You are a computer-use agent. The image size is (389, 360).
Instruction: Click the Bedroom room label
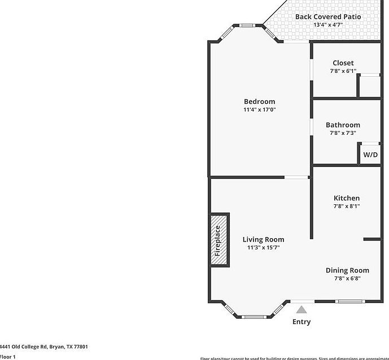(259, 102)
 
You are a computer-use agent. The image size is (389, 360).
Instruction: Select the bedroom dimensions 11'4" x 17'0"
(259, 109)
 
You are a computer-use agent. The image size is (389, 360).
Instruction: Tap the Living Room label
(263, 239)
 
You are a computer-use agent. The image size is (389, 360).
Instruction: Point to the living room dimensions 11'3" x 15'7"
(263, 247)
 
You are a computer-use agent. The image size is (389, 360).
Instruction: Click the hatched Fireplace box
(220, 240)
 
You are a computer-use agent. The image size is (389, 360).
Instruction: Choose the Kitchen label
(346, 198)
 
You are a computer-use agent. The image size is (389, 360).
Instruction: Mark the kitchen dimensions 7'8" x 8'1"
(346, 206)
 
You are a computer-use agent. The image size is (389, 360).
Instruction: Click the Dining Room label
(347, 270)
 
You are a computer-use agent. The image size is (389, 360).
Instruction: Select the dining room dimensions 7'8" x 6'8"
(347, 278)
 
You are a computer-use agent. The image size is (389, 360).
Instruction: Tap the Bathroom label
(343, 125)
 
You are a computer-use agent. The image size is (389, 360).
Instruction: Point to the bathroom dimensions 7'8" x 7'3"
(343, 133)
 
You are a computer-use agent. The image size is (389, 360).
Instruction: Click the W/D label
(370, 155)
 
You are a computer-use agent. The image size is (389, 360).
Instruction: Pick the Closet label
(343, 63)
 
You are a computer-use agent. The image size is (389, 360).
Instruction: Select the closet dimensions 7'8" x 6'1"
(343, 71)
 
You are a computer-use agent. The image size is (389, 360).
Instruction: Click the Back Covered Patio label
(328, 16)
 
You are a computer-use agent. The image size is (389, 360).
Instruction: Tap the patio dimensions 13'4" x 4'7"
(328, 25)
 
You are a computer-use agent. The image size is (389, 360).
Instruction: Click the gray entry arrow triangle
(301, 309)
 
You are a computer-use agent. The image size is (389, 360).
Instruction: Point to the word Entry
(301, 322)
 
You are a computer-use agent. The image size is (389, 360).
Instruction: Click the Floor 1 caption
(8, 357)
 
